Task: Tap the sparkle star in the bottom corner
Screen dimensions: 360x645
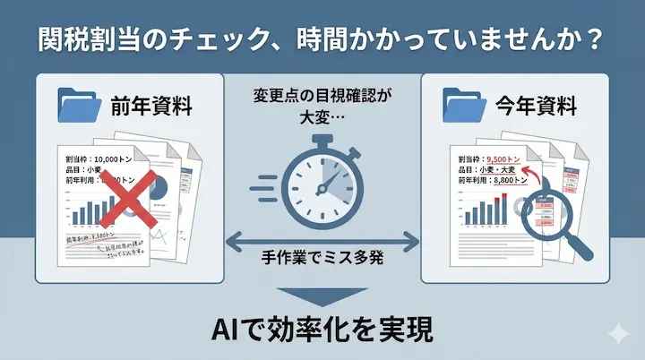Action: [616, 333]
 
